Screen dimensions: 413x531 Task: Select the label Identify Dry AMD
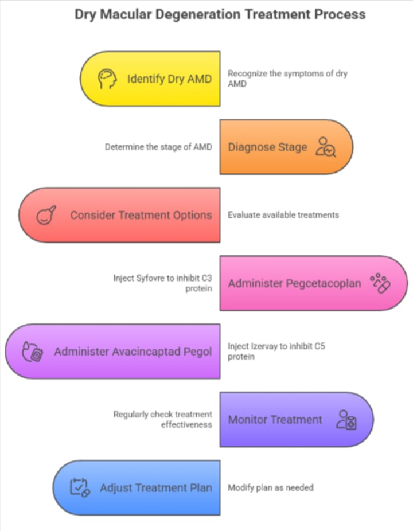click(x=169, y=79)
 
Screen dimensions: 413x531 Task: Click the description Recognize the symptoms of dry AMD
click(x=287, y=78)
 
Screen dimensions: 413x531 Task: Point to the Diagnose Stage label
click(x=267, y=147)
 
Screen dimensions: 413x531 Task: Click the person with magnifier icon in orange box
click(x=328, y=147)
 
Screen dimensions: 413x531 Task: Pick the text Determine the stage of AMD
click(x=158, y=147)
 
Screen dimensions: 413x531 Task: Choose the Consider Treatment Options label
click(x=141, y=215)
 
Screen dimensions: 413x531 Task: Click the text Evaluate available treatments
click(x=283, y=215)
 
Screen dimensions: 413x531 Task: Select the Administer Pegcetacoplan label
click(x=294, y=283)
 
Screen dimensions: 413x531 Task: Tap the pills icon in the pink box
click(x=380, y=283)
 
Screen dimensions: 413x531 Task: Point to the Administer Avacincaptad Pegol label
click(x=133, y=352)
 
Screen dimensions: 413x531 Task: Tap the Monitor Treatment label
click(x=275, y=419)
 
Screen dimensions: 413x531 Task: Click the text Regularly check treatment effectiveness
click(x=162, y=419)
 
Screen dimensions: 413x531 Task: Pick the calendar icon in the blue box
click(x=80, y=488)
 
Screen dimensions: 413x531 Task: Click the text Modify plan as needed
click(x=271, y=487)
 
